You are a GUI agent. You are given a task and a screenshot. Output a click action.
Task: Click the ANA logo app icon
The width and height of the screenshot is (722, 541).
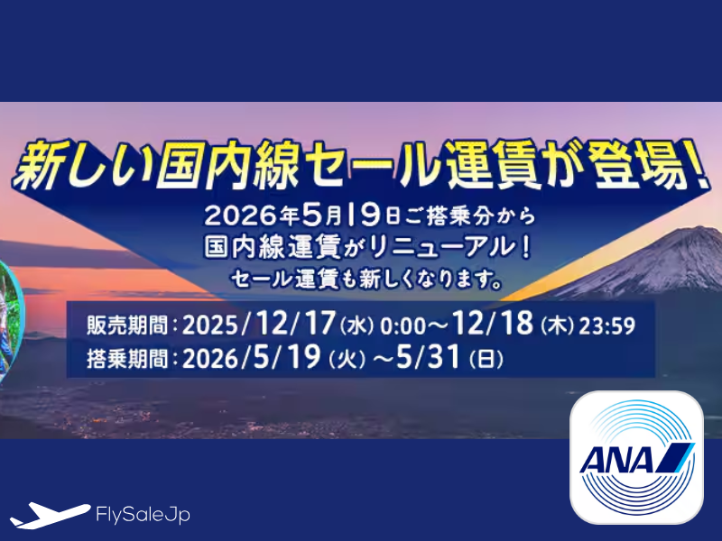636,457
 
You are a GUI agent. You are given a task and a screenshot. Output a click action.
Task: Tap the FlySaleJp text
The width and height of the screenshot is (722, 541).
142,515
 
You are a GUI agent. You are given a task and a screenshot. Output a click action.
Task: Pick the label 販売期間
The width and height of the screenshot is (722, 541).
126,326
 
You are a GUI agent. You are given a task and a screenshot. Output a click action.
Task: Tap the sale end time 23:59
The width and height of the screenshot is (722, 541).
615,326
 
